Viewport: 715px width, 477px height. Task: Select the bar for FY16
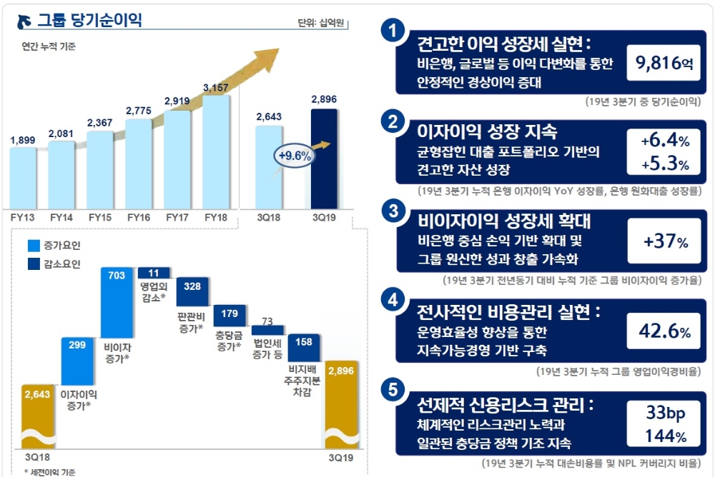138,161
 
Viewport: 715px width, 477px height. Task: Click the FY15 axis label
99,216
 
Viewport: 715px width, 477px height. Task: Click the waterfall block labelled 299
78,361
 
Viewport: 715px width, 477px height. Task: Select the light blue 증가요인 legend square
34,246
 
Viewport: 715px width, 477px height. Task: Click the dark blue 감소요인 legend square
34,264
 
